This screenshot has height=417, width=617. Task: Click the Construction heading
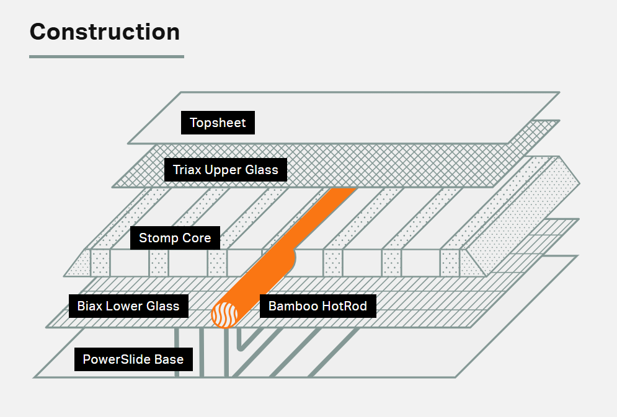(105, 32)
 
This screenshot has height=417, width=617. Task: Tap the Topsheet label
(218, 123)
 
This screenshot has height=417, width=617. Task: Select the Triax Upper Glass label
(226, 169)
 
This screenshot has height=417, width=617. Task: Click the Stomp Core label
(175, 238)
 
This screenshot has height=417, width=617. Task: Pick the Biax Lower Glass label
(128, 305)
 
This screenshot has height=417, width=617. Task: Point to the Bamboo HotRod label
(317, 305)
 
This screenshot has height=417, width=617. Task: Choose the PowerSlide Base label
(133, 359)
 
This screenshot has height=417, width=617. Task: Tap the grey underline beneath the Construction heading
(107, 56)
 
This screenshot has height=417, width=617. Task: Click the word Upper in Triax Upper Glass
(225, 170)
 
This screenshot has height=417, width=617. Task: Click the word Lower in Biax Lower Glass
(128, 305)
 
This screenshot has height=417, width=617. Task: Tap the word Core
(195, 238)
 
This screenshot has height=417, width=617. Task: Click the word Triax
(187, 169)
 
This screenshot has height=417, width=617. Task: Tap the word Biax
(89, 305)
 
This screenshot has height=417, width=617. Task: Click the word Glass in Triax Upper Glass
(264, 169)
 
